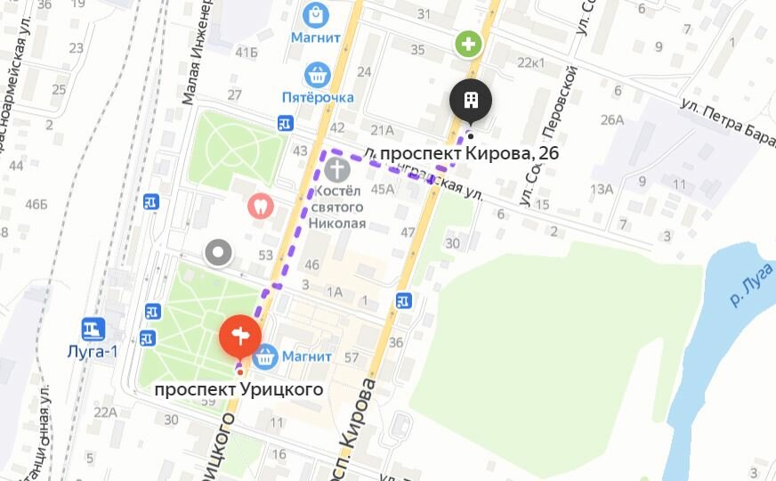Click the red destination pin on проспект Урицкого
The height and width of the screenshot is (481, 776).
(x=239, y=337)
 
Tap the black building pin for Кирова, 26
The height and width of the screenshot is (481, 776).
(x=471, y=100)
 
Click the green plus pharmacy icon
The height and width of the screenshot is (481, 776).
(x=468, y=43)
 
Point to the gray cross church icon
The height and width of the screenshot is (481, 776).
(x=336, y=169)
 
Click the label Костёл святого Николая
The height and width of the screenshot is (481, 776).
(x=337, y=207)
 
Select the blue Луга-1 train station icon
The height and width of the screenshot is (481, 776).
(x=93, y=330)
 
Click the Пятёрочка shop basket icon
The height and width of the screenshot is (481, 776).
(x=318, y=75)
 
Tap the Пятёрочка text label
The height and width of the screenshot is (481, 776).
(x=318, y=96)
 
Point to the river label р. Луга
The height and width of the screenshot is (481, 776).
(x=748, y=285)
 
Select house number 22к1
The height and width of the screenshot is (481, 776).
(x=531, y=61)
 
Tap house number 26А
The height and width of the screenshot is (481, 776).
(x=612, y=119)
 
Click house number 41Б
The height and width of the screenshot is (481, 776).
(x=247, y=52)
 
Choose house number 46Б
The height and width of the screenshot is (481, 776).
(x=36, y=204)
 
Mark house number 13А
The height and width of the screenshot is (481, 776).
(x=602, y=188)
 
